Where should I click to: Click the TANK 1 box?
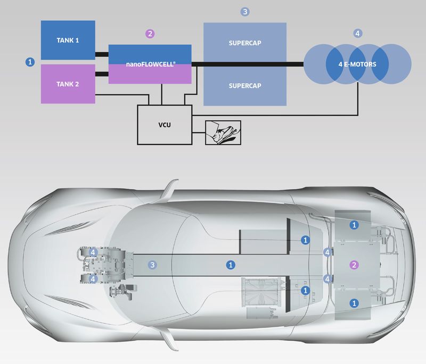tap(68, 41)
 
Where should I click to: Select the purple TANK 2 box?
tap(68, 84)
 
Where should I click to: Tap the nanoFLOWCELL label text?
tap(150, 64)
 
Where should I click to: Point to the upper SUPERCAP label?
tap(245, 43)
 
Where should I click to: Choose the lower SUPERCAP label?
tap(245, 85)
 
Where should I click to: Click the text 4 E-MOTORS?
tap(357, 64)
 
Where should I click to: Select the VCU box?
tap(164, 124)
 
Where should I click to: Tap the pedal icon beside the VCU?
tap(223, 131)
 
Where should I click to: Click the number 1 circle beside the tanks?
tap(30, 62)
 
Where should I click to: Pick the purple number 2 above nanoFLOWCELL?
tap(150, 34)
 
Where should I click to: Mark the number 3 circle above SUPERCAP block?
tap(244, 11)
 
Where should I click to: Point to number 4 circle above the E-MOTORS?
tap(357, 33)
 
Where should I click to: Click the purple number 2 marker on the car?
tap(354, 265)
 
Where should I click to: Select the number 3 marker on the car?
tap(153, 265)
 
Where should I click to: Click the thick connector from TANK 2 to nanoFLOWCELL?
tap(102, 73)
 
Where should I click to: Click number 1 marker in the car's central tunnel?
tap(230, 264)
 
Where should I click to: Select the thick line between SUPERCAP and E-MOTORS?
tap(294, 64)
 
